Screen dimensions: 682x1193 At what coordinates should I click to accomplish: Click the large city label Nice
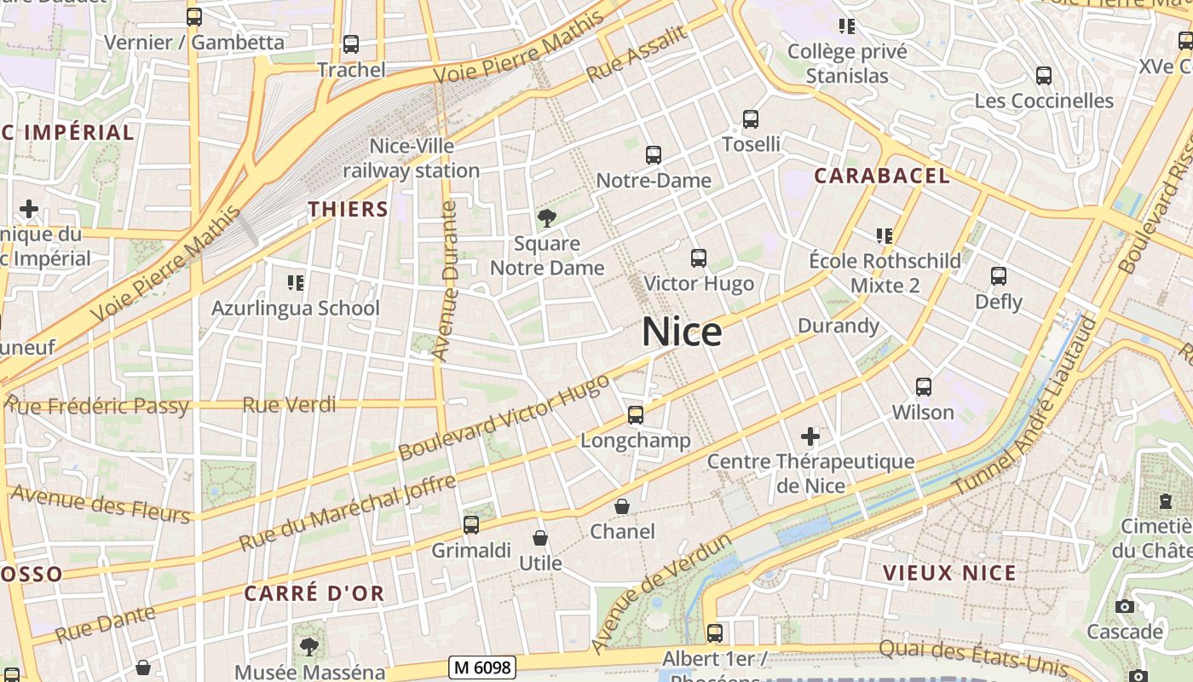pyautogui.click(x=682, y=332)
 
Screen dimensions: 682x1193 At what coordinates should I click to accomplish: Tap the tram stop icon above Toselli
pyautogui.click(x=750, y=119)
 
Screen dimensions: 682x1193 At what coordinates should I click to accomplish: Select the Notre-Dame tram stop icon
pyautogui.click(x=654, y=155)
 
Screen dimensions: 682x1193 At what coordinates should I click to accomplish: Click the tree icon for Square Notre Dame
pyautogui.click(x=546, y=218)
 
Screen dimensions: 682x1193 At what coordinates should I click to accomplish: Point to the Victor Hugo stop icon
pyautogui.click(x=699, y=257)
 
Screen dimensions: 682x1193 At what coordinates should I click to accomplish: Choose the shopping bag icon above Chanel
pyautogui.click(x=623, y=506)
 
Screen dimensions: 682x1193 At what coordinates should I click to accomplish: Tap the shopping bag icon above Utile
pyautogui.click(x=540, y=538)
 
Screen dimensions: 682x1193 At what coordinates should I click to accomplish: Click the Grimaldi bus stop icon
pyautogui.click(x=471, y=525)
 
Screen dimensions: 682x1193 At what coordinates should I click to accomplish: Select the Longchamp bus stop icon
pyautogui.click(x=636, y=415)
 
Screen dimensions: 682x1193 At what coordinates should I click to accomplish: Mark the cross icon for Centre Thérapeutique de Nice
pyautogui.click(x=810, y=437)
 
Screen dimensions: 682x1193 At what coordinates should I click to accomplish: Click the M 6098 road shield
pyautogui.click(x=482, y=667)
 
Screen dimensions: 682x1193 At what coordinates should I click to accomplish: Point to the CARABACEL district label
pyautogui.click(x=881, y=176)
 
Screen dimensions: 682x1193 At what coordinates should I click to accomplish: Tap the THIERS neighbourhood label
pyautogui.click(x=348, y=209)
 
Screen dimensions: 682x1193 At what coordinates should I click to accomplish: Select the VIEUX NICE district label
pyautogui.click(x=949, y=573)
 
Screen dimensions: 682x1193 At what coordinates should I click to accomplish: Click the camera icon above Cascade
pyautogui.click(x=1125, y=606)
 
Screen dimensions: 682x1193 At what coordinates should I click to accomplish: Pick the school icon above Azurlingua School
pyautogui.click(x=296, y=282)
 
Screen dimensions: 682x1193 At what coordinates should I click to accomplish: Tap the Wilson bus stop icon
pyautogui.click(x=923, y=387)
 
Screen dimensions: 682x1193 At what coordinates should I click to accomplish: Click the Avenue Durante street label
pyautogui.click(x=445, y=281)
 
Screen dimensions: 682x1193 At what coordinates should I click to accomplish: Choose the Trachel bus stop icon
pyautogui.click(x=351, y=44)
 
